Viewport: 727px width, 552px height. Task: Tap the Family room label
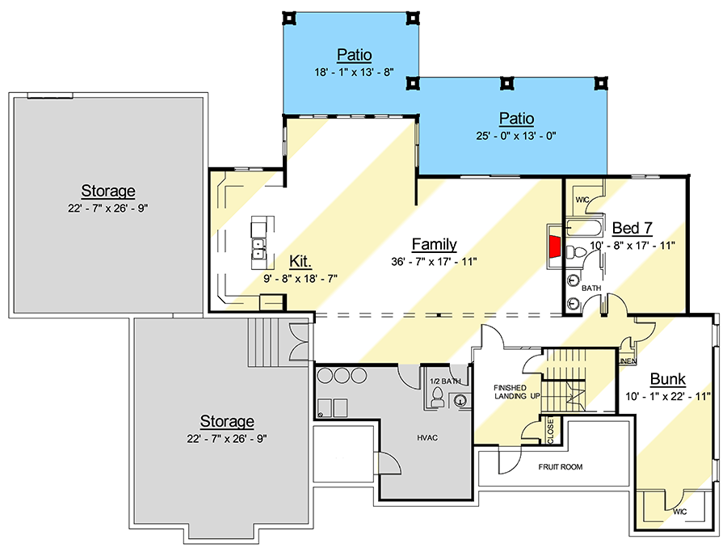(x=434, y=244)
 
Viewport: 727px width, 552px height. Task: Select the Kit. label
(x=301, y=261)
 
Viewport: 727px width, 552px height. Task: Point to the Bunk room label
(x=668, y=379)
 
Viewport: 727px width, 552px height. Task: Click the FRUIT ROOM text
(x=561, y=467)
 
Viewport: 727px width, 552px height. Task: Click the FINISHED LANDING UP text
(x=516, y=392)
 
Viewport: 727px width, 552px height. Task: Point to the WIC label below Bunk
(x=679, y=512)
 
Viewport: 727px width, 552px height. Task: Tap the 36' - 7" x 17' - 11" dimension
(x=434, y=261)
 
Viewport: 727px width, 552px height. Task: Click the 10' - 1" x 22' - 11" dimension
(x=668, y=396)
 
